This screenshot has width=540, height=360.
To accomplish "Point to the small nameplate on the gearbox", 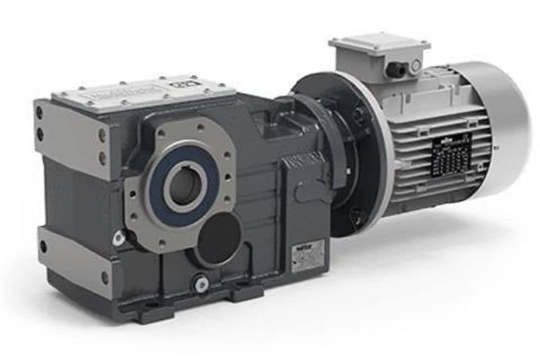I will pos(307,257).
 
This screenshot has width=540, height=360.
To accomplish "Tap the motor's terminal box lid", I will pos(378,45).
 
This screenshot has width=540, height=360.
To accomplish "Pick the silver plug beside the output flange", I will pos(119,238).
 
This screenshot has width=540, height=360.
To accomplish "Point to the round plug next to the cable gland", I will pos(414,66).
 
